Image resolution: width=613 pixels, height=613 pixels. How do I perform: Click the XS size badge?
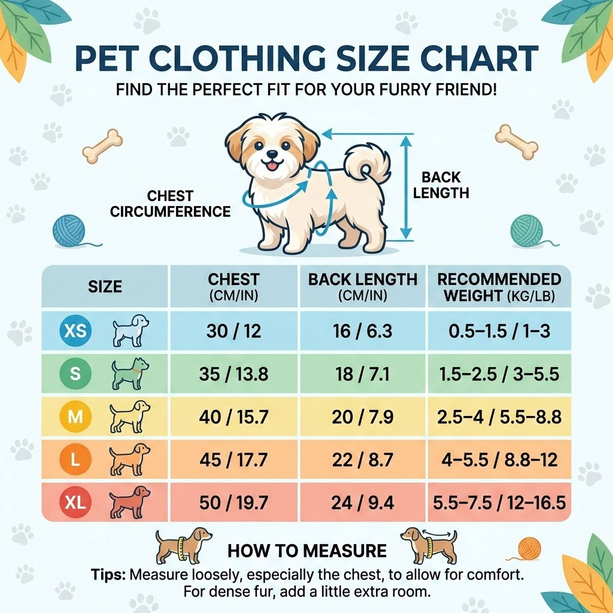75,331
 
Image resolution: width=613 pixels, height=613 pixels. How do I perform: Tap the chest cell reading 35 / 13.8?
233,375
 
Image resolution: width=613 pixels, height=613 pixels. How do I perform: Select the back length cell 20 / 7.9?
363,417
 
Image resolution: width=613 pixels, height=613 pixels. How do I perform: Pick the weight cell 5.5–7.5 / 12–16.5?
499,502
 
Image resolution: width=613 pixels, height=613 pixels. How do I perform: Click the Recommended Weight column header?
499,287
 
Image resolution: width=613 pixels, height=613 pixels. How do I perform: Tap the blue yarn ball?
69,231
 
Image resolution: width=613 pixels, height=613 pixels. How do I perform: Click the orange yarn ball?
529,548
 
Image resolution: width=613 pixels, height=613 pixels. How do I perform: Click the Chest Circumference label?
171,204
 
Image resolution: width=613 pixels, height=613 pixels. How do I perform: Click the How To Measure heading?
306,551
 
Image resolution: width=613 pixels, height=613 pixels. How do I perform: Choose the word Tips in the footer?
108,575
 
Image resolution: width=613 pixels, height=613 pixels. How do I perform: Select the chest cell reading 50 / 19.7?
233,502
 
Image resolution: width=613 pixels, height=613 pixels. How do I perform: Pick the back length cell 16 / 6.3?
363,331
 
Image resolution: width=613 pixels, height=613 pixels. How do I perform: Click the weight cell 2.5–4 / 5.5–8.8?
499,417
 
